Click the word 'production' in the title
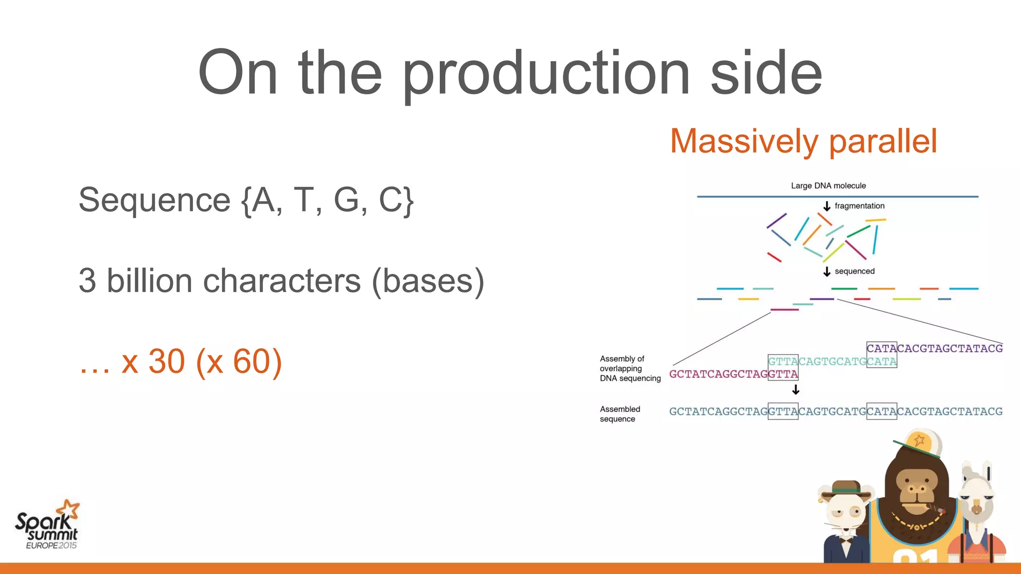[x=546, y=75]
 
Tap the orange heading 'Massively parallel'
[x=803, y=141]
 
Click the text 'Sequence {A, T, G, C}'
[x=246, y=200]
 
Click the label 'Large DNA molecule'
[x=828, y=186]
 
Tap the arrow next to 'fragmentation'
[x=827, y=206]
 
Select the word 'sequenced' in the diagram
[x=854, y=272]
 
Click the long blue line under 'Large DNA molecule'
[x=838, y=197]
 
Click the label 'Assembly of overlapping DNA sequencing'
[x=629, y=369]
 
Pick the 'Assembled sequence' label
[x=620, y=414]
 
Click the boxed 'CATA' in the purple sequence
[x=881, y=348]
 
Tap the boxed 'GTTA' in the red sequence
[x=783, y=374]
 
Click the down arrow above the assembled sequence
[x=796, y=390]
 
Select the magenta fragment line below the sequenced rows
[x=785, y=310]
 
